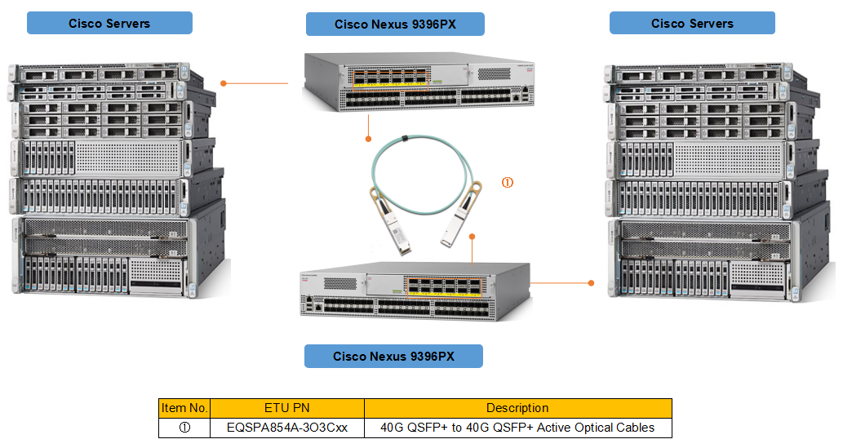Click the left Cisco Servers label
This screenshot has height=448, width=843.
pyautogui.click(x=109, y=23)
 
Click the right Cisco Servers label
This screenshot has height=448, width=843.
pyautogui.click(x=692, y=23)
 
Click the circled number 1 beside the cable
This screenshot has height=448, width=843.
pyautogui.click(x=507, y=183)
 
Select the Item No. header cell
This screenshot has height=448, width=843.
pyautogui.click(x=184, y=408)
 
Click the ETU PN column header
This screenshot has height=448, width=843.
pyautogui.click(x=287, y=408)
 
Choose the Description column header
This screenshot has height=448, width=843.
pyautogui.click(x=517, y=408)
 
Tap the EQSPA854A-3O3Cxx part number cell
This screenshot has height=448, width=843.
pyautogui.click(x=287, y=427)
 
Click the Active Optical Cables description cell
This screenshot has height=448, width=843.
pyautogui.click(x=517, y=427)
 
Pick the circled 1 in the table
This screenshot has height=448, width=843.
pyautogui.click(x=184, y=427)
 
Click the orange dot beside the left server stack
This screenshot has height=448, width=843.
pyautogui.click(x=224, y=83)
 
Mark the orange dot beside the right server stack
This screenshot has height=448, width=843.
pyautogui.click(x=592, y=283)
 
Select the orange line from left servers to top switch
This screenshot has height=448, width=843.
pyautogui.click(x=257, y=83)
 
